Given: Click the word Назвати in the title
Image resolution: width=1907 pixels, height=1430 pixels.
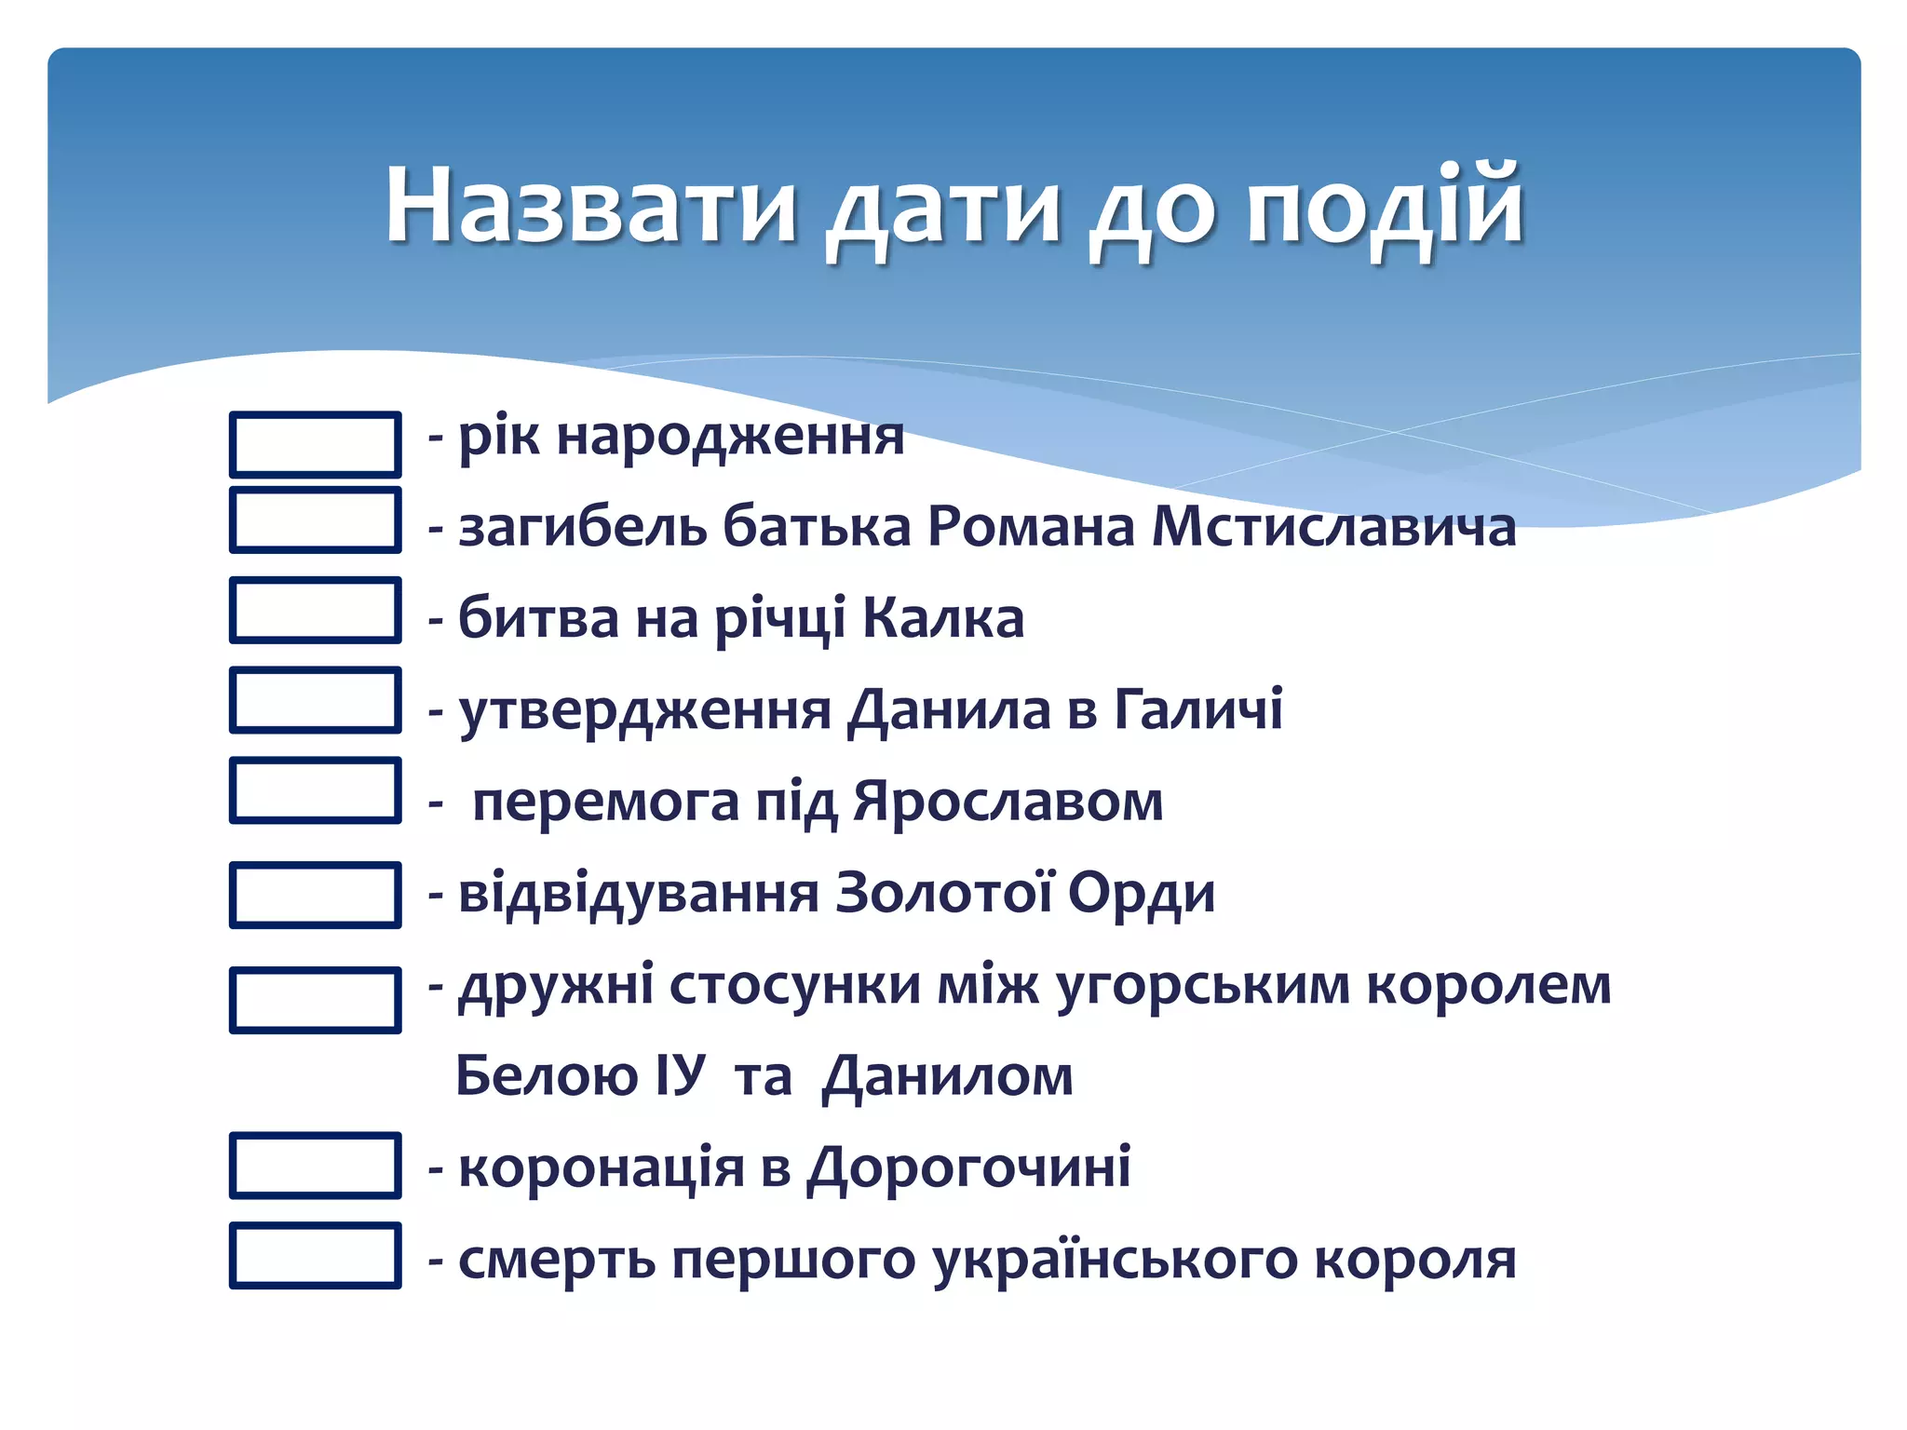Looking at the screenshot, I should coord(591,206).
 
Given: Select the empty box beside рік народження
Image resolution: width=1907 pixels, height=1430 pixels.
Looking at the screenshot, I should coord(316,444).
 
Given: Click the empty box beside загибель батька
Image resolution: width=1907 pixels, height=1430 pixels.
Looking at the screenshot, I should coord(316,519).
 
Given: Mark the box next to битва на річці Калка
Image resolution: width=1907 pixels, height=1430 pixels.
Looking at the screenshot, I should coord(316,610).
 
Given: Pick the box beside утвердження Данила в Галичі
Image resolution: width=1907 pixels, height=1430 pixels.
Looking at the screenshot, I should coord(316,700).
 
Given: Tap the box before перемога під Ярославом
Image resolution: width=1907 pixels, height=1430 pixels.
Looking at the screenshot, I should coord(316,790).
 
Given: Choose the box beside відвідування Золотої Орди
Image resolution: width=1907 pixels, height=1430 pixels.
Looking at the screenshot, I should coord(316,895).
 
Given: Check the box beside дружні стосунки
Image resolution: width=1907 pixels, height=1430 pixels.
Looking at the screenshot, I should coord(316,1000).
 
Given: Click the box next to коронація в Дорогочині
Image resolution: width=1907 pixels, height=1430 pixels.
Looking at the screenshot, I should coord(316,1165).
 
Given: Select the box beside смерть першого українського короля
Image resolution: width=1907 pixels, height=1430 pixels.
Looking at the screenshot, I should coord(316,1255).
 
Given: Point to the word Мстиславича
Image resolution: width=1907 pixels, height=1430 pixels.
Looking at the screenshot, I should coord(1333,527).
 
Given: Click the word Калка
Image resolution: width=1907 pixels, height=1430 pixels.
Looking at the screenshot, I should coord(942,617).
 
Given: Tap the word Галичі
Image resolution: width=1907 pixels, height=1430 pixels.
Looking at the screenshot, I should coord(1198,708).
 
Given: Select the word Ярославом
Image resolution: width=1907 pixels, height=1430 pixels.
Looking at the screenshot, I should coord(1008,801).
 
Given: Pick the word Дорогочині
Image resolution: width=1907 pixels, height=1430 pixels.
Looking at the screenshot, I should coord(968,1167).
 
